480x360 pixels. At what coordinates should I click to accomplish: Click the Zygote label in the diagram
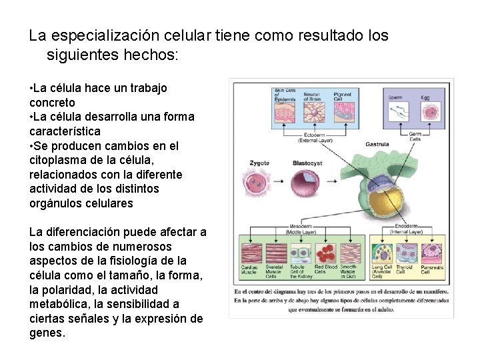point(259,163)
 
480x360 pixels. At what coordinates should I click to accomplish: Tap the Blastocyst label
point(307,163)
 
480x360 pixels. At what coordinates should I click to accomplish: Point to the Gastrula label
point(377,143)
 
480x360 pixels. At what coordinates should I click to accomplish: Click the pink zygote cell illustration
point(259,181)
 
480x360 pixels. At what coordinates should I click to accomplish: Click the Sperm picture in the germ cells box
point(396,111)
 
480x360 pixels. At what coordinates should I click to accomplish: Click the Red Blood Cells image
point(326,253)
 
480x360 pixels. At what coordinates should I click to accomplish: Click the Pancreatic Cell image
point(430,253)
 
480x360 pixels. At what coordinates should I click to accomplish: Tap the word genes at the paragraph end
point(47,333)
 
